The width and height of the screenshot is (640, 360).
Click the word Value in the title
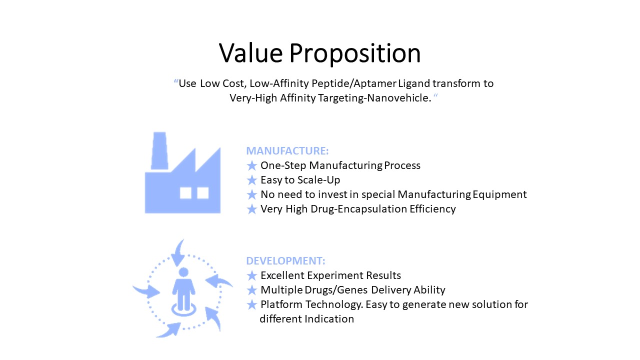click(251, 53)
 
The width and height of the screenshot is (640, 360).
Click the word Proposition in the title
click(355, 55)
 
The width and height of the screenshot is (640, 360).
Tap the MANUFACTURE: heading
click(287, 151)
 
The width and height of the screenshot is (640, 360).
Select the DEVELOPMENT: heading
click(285, 261)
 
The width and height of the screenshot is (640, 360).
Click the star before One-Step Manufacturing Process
click(251, 165)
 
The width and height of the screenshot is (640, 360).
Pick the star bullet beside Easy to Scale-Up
click(251, 180)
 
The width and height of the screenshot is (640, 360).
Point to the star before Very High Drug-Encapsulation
click(251, 209)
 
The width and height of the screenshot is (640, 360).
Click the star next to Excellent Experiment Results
click(251, 275)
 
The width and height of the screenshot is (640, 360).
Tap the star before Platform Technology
click(251, 304)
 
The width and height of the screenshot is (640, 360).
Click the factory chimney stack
click(159, 151)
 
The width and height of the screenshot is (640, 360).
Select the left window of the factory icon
click(185, 193)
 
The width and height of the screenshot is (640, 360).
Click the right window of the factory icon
click(203, 193)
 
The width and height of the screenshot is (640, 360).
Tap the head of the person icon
click(183, 272)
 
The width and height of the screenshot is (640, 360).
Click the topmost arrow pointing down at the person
click(178, 253)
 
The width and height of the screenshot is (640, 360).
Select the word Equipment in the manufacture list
click(499, 194)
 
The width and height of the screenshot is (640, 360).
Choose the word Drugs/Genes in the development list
click(336, 290)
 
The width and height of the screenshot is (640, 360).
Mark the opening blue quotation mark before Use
click(175, 81)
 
